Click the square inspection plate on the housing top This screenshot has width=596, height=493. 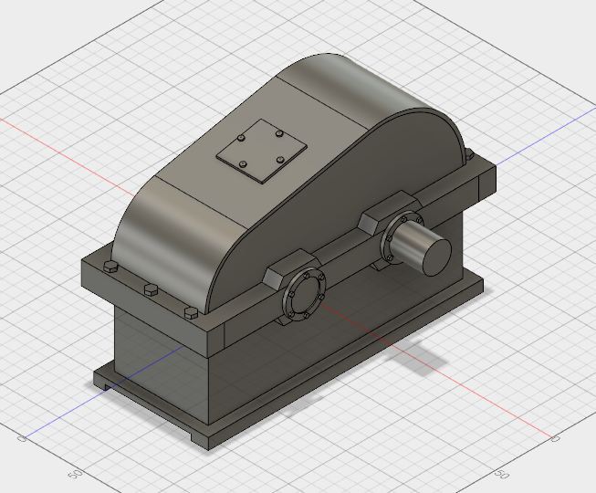coord(261,151)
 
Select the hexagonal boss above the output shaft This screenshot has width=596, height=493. coord(383,218)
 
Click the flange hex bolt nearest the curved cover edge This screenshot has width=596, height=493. coord(190,312)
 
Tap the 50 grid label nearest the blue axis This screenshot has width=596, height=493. coord(77,474)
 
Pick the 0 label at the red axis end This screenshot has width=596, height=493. coord(554,439)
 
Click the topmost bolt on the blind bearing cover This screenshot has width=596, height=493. coord(304,278)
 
